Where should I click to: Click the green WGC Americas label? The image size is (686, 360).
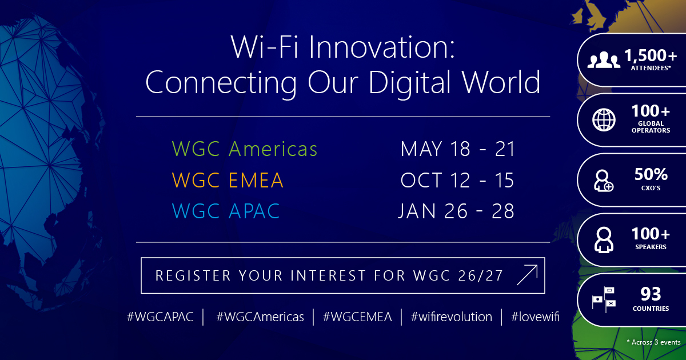click(245, 149)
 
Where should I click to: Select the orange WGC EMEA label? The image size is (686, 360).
click(228, 180)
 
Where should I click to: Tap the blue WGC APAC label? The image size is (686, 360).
click(226, 211)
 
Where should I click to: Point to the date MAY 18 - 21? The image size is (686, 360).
click(457, 149)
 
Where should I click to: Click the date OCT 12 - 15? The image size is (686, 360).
click(457, 180)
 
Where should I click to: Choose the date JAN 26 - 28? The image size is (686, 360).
click(456, 211)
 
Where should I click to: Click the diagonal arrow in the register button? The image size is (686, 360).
click(527, 275)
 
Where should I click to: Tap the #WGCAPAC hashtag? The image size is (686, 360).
click(160, 317)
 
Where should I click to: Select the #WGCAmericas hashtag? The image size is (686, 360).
click(260, 317)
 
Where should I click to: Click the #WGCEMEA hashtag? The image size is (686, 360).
click(357, 317)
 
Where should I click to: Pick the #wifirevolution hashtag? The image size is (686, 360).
click(451, 317)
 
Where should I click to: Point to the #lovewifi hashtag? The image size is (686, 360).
click(535, 317)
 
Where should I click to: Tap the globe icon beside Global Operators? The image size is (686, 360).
click(604, 119)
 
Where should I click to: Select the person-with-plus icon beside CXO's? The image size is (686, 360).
click(603, 181)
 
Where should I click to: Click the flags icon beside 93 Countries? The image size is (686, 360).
click(604, 299)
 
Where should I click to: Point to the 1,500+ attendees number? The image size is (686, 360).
click(651, 55)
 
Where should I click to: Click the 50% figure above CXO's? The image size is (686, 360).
click(651, 174)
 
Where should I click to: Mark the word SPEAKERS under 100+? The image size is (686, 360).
click(651, 247)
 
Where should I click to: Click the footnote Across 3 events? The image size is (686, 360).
click(653, 342)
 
